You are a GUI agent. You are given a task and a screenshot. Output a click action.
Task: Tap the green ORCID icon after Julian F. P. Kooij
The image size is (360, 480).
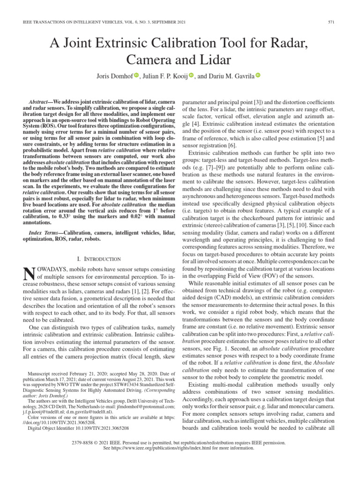(191, 75)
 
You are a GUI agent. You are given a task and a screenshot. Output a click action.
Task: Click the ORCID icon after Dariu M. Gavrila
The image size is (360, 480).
(258, 75)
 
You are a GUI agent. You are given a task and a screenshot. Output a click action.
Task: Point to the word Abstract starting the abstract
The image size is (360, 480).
(40, 102)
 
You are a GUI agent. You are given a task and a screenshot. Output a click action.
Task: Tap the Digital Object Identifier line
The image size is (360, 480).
(78, 428)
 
